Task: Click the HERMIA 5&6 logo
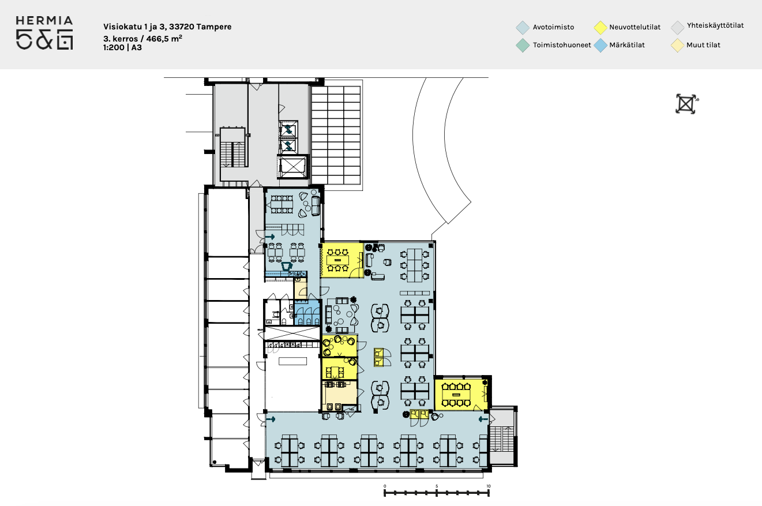click(44, 33)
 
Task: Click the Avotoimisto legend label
click(553, 27)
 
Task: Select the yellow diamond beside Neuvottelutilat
click(600, 28)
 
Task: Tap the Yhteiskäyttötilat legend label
click(715, 25)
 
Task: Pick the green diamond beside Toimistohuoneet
click(523, 45)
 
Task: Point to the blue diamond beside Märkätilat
click(600, 45)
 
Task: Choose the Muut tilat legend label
click(703, 45)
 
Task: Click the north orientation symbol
click(686, 104)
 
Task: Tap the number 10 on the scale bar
click(489, 486)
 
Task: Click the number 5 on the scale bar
click(437, 486)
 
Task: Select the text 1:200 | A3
click(122, 47)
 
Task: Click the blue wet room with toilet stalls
click(307, 312)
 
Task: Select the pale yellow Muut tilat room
click(340, 396)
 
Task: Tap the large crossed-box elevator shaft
click(292, 166)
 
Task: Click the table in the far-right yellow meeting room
click(456, 395)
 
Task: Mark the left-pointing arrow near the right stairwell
click(483, 419)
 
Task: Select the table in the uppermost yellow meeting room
click(338, 260)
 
